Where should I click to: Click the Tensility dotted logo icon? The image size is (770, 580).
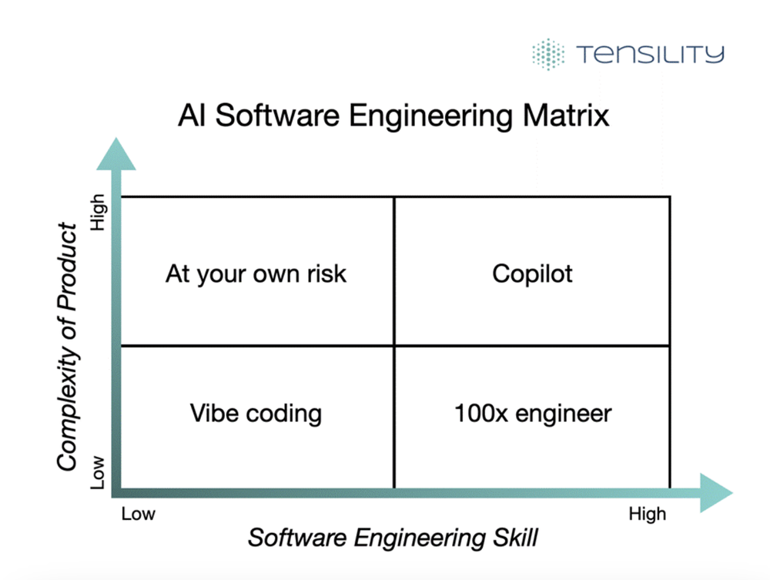(x=547, y=54)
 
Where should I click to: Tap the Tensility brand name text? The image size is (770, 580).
(x=650, y=54)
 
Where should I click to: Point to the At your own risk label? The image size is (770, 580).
(x=256, y=273)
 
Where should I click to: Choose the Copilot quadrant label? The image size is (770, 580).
(x=532, y=273)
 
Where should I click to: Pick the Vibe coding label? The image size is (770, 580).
(x=256, y=413)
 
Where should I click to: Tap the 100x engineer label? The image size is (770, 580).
(x=532, y=413)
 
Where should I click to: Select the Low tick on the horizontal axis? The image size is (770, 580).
(x=138, y=514)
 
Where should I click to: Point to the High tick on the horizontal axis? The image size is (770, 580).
(x=647, y=514)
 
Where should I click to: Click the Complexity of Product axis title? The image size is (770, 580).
(x=69, y=347)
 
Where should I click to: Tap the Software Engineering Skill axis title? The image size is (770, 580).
(x=393, y=538)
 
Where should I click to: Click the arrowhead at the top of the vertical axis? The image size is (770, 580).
(x=115, y=154)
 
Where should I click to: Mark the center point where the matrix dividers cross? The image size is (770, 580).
(x=394, y=346)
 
